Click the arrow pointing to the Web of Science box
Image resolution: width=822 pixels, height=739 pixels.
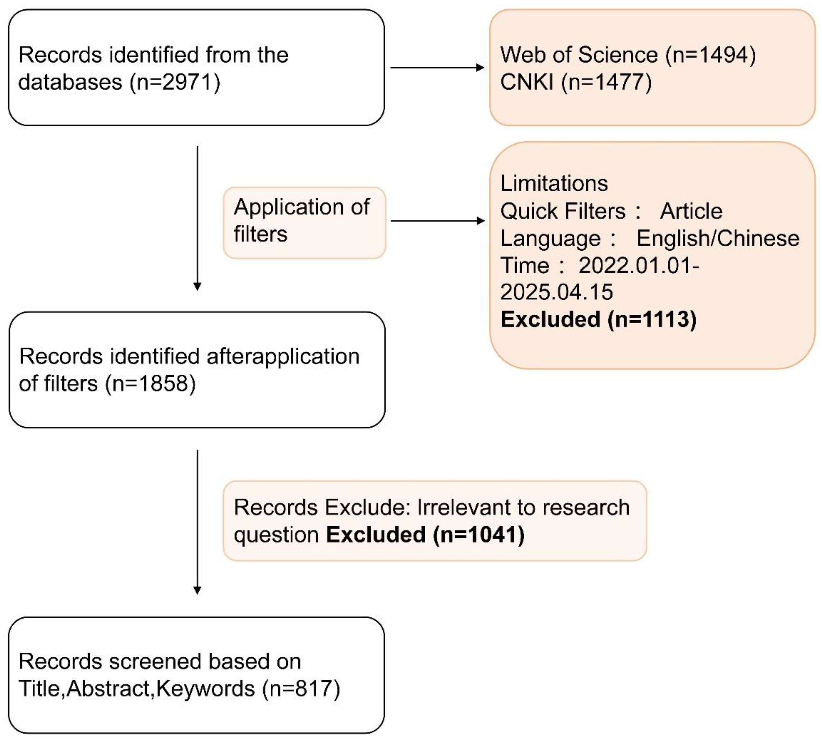click(x=437, y=67)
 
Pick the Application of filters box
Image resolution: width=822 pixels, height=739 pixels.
click(x=304, y=223)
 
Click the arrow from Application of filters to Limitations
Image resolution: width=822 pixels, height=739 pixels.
click(x=437, y=221)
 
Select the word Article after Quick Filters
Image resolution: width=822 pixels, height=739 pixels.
click(x=691, y=211)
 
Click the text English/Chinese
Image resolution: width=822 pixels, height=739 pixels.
click(x=718, y=238)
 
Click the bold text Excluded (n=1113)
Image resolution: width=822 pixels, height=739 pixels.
click(x=599, y=319)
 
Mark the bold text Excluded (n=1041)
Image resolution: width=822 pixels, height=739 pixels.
click(x=425, y=534)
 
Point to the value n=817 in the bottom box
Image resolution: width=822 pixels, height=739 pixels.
click(x=301, y=689)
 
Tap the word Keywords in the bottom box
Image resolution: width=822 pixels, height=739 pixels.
click(x=205, y=689)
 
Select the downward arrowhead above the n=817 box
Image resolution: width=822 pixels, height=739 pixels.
click(x=197, y=590)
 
